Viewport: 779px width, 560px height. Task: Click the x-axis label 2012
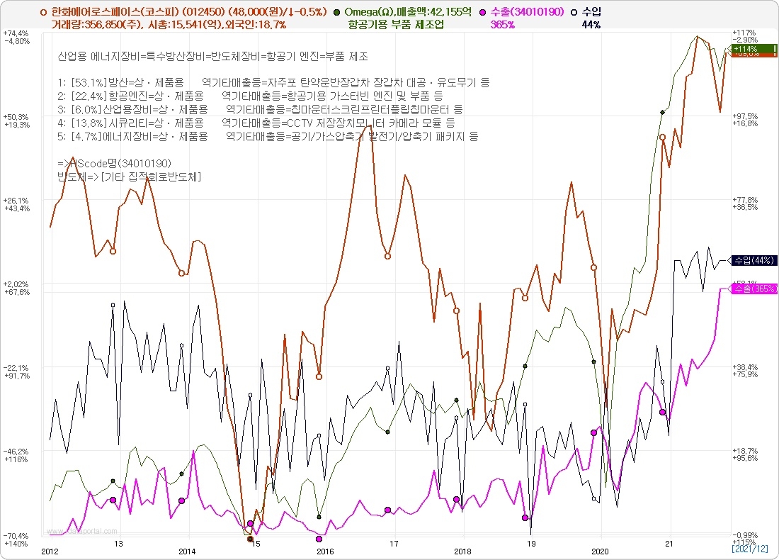click(x=49, y=551)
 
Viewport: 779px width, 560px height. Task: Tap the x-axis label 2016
click(x=324, y=551)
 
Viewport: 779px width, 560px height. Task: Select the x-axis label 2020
click(x=600, y=551)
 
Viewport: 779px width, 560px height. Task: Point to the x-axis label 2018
click(x=462, y=551)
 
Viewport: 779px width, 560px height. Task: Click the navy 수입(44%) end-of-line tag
click(x=754, y=260)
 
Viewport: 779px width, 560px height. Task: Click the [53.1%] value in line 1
click(x=85, y=83)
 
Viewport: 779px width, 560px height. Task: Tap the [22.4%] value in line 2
click(x=86, y=96)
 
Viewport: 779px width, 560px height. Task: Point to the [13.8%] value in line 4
click(x=86, y=122)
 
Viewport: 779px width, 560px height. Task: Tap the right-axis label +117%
click(x=745, y=33)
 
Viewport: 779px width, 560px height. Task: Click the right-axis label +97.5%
click(x=746, y=116)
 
